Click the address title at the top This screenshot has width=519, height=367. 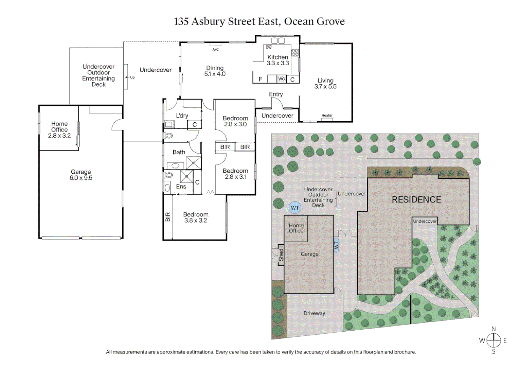[259, 21]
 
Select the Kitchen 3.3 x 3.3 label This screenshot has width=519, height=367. [278, 60]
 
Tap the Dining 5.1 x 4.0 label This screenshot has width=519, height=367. [215, 71]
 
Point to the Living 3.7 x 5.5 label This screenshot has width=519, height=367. [325, 84]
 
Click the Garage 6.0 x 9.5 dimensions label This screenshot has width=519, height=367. [81, 175]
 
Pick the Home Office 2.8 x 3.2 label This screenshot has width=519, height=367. [59, 129]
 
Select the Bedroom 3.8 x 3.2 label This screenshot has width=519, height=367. [196, 217]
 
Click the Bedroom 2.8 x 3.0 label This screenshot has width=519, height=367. [235, 121]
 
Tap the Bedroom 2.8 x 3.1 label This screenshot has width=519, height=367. [235, 174]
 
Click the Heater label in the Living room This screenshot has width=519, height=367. [327, 116]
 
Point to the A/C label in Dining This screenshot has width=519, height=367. [215, 50]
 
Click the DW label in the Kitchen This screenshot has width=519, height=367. [269, 48]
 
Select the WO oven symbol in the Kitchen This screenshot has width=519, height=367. [282, 79]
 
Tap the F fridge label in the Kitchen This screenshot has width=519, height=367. [261, 79]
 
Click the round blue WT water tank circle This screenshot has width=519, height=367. [295, 208]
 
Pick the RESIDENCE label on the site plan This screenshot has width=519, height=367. [416, 200]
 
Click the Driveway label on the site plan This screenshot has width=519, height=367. [314, 313]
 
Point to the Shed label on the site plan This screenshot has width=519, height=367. [281, 255]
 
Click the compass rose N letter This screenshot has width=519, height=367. [494, 329]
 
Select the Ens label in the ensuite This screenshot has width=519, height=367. [181, 187]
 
